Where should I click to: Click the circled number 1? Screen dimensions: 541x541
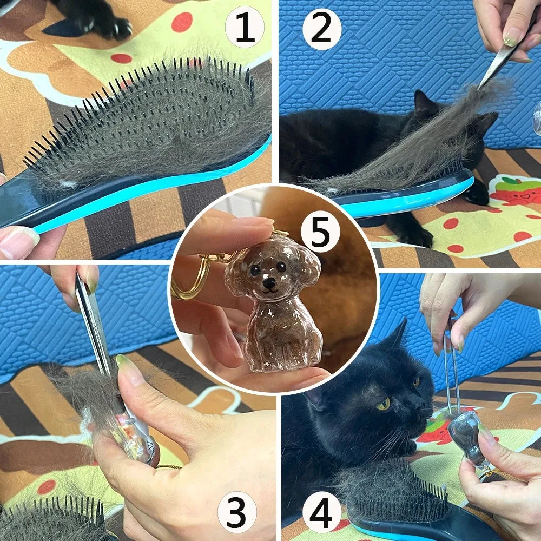click(245, 27)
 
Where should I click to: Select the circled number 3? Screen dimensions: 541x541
click(237, 512)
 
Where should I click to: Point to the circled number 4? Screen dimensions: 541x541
click(321, 513)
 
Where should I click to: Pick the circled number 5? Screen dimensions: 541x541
click(320, 232)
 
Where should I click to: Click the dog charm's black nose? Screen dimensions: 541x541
click(269, 283)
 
